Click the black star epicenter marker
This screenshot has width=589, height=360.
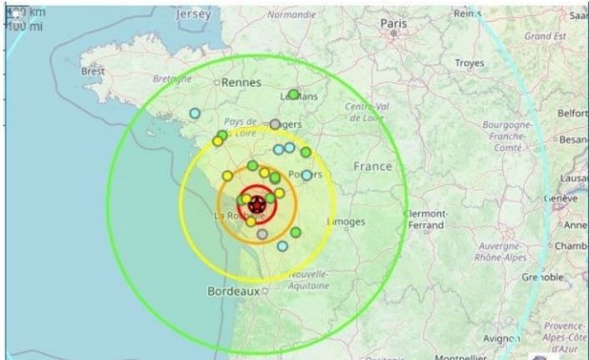256,204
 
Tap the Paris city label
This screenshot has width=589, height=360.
394,23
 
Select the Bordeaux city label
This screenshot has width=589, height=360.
233,292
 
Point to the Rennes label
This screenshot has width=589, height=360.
241,83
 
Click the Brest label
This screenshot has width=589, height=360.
92,72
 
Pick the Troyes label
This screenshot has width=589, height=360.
469,63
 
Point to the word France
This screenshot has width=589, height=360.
372,166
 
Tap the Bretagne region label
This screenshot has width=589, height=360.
172,79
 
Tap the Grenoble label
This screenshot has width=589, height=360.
541,276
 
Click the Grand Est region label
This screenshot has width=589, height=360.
546,36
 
